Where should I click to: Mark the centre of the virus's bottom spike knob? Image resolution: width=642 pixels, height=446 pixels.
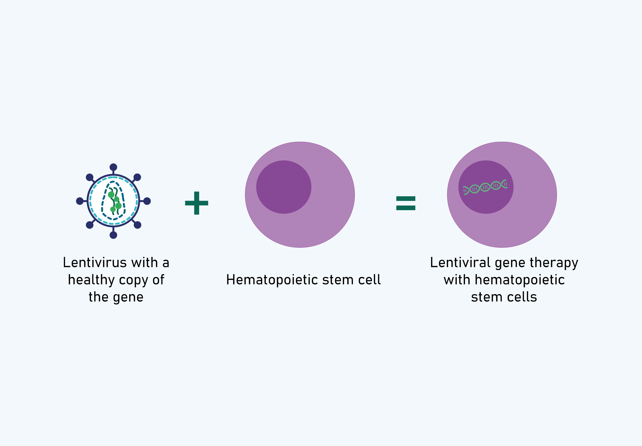tap(113, 235)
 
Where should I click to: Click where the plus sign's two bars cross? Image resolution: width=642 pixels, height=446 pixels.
tap(197, 203)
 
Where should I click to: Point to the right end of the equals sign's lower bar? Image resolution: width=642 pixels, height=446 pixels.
tap(415, 208)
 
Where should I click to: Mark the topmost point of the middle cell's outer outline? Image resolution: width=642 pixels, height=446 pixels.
tap(300, 142)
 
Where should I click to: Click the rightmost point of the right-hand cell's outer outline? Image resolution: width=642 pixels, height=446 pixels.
tap(557, 195)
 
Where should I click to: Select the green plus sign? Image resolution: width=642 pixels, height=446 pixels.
tap(197, 203)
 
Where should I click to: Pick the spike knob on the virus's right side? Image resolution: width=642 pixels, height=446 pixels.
tap(147, 201)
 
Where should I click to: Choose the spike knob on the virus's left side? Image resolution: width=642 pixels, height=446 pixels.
tap(80, 201)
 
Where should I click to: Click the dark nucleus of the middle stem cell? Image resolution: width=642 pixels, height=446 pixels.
tap(284, 187)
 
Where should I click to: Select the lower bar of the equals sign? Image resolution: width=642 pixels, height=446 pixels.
tap(406, 208)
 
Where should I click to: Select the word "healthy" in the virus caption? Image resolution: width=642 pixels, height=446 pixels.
tap(92, 280)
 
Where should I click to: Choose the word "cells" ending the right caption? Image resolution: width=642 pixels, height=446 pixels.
tap(522, 297)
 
